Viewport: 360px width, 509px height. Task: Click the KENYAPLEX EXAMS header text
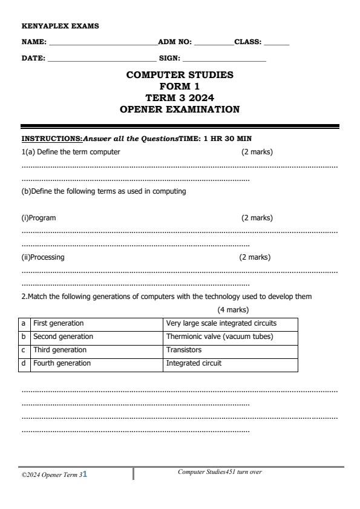point(60,26)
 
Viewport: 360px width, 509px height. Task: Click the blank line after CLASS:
point(277,43)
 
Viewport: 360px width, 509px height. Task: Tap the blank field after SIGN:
point(224,59)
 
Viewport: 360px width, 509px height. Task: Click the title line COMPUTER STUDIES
point(180,75)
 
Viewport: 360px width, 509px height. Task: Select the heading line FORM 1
point(180,87)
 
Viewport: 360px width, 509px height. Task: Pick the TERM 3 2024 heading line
point(180,97)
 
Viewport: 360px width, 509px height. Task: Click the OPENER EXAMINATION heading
point(180,110)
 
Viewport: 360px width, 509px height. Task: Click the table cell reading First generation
point(58,323)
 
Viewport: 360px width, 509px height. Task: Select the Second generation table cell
point(63,337)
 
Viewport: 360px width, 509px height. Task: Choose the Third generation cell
point(59,350)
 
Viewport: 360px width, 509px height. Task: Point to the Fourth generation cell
point(62,363)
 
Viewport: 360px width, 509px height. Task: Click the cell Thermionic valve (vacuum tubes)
point(219,337)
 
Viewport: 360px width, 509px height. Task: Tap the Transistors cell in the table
point(184,350)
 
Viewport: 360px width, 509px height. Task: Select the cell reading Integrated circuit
point(194,363)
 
